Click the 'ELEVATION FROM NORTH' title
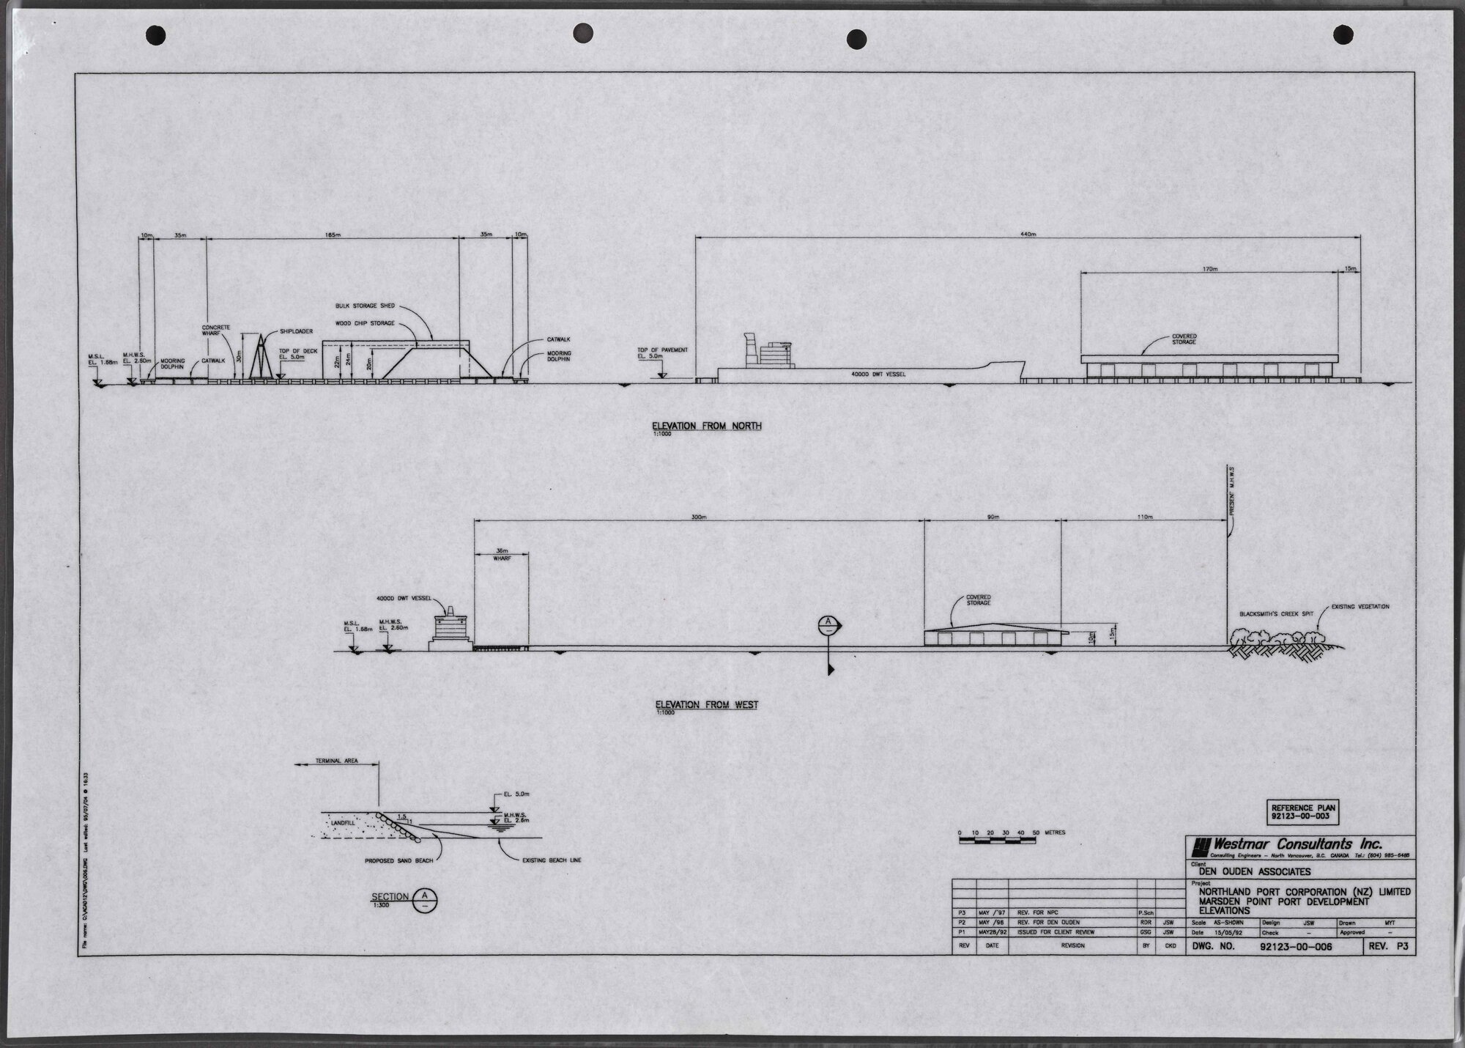(x=708, y=426)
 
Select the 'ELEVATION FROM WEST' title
(x=706, y=705)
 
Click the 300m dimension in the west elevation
(x=698, y=517)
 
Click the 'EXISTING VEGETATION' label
(x=1360, y=607)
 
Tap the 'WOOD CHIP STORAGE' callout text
(x=365, y=323)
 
